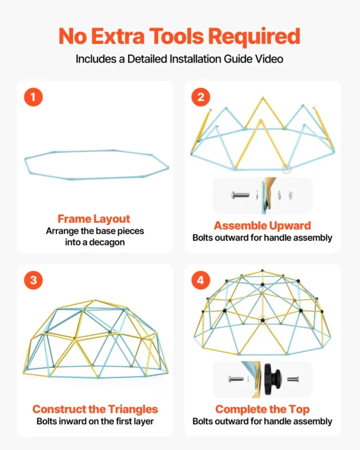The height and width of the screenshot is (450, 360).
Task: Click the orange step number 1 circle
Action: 33,97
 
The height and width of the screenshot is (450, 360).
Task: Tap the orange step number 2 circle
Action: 201,97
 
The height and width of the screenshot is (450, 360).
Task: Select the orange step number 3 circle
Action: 33,280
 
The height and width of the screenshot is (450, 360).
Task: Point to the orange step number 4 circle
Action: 201,280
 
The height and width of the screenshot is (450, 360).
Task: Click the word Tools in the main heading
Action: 177,37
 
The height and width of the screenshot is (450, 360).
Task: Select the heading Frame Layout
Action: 94,219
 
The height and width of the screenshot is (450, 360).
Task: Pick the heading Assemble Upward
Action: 262,226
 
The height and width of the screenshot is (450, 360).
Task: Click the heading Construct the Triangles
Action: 95,409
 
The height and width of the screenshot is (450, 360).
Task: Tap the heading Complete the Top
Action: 262,409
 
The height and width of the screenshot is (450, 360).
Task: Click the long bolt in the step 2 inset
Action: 240,195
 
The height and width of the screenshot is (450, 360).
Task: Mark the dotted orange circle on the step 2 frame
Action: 286,169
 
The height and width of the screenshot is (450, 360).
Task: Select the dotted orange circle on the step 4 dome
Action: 262,320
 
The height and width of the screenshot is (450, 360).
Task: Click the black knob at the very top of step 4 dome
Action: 262,271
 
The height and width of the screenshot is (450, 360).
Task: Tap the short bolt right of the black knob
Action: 293,379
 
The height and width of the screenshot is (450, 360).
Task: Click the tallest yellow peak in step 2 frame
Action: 262,98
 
